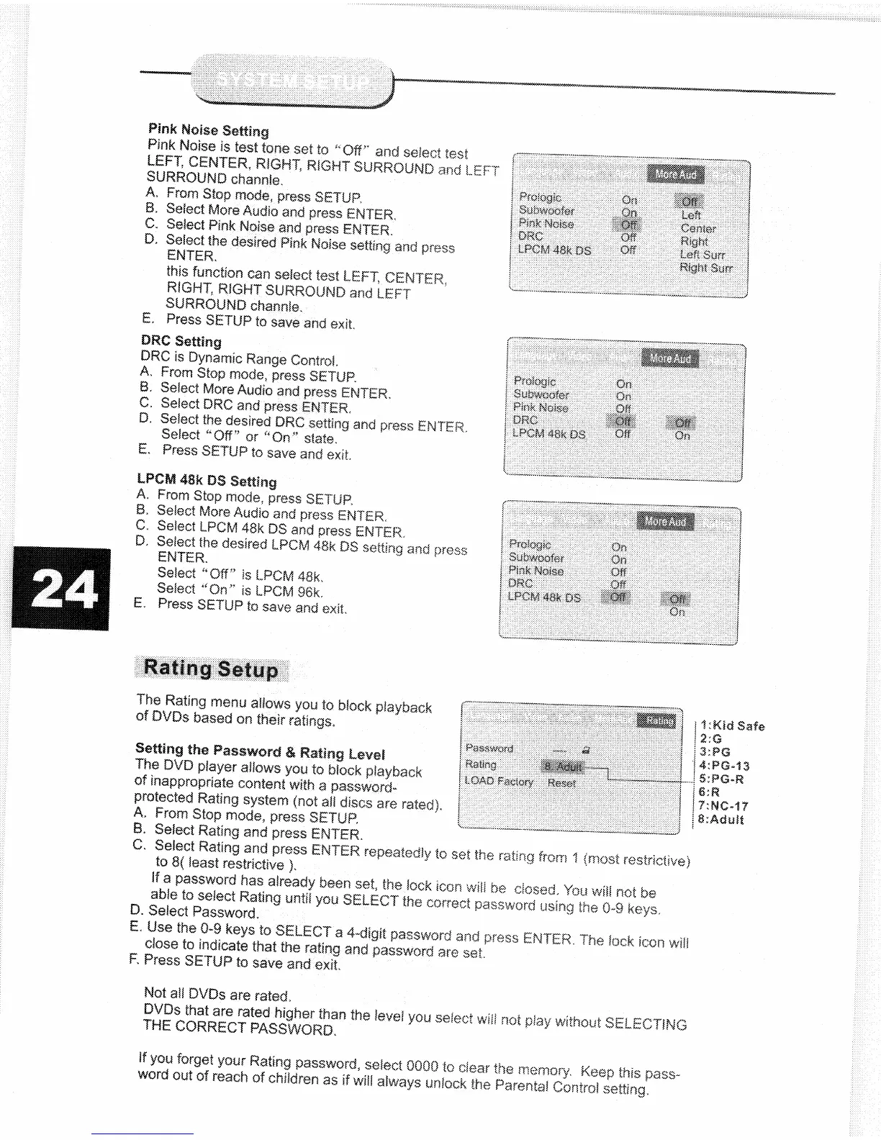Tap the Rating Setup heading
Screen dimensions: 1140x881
pyautogui.click(x=211, y=669)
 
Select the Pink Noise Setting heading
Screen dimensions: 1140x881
pyautogui.click(x=208, y=130)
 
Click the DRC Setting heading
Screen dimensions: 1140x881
pyautogui.click(x=181, y=341)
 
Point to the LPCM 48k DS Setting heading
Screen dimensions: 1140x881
pyautogui.click(x=207, y=480)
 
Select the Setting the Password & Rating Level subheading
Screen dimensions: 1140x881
pyautogui.click(x=260, y=752)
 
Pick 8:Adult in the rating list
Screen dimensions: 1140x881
pyautogui.click(x=722, y=819)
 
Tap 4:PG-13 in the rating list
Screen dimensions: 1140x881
pyautogui.click(x=725, y=766)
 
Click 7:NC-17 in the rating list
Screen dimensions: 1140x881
pyautogui.click(x=724, y=806)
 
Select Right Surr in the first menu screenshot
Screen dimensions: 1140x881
pyautogui.click(x=706, y=268)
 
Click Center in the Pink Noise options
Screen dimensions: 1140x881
pyautogui.click(x=698, y=229)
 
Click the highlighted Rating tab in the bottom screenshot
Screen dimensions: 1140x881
pyautogui.click(x=659, y=720)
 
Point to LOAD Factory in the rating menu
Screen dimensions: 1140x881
pyautogui.click(x=499, y=782)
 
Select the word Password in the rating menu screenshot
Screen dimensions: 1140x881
pyautogui.click(x=489, y=748)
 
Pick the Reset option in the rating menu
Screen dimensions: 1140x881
pyautogui.click(x=561, y=783)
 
